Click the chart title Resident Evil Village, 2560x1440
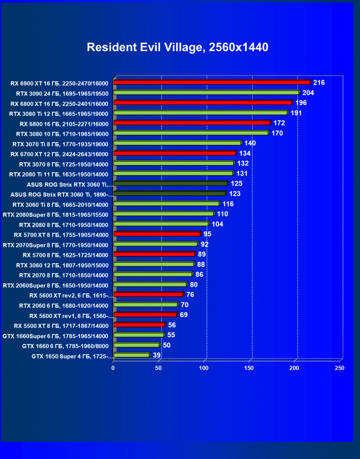point(178,47)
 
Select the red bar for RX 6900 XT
point(212,83)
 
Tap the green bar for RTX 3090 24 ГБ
point(207,93)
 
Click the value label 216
point(319,83)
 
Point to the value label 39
point(157,355)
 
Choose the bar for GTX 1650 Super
point(132,355)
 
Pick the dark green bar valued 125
point(171,184)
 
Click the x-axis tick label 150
point(250,368)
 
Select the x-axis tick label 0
point(113,368)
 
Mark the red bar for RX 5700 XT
point(157,234)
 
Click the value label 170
point(277,133)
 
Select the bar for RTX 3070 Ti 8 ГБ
point(178,143)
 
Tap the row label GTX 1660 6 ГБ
point(65,346)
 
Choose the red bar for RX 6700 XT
point(175,153)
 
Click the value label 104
point(217,224)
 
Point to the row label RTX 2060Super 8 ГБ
point(55,285)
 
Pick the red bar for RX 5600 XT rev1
point(145,315)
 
